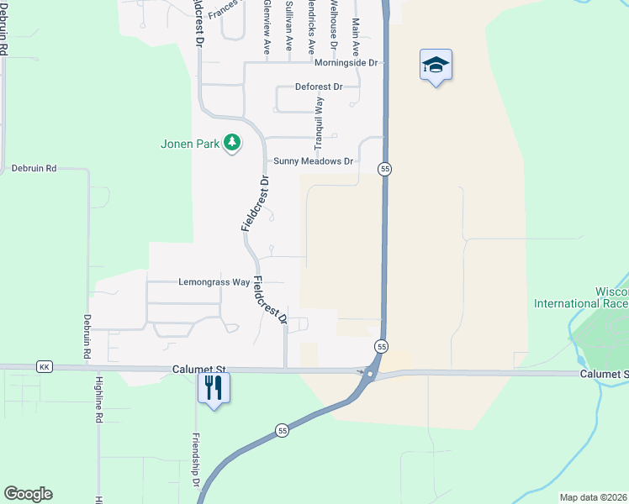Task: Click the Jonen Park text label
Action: pos(190,144)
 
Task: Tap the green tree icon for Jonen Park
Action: pos(232,144)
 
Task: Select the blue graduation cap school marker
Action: pos(436,65)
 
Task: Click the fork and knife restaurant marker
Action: pos(214,387)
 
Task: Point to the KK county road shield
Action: pos(44,368)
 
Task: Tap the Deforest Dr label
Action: pos(320,87)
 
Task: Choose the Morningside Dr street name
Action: pos(347,63)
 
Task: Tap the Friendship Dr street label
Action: pos(194,459)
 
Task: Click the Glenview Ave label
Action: pos(267,27)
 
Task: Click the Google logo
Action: pos(28,494)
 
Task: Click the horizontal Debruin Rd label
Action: pos(34,169)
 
